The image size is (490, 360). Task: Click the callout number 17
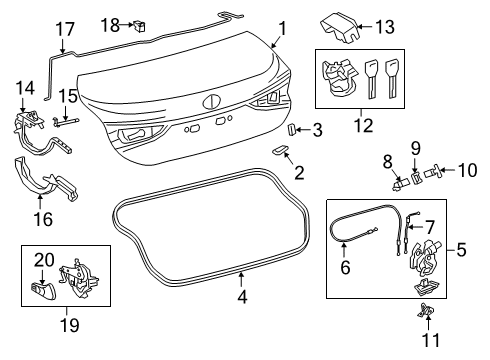(65, 29)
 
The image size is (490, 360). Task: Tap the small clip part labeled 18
(139, 26)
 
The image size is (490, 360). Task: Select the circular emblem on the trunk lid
(211, 102)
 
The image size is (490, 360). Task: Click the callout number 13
(385, 27)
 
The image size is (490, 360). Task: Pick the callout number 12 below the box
(364, 126)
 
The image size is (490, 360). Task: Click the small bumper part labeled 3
(291, 129)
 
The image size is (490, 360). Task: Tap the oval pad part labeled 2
(280, 150)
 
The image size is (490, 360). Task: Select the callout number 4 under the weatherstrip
(242, 296)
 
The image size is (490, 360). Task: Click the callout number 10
(468, 170)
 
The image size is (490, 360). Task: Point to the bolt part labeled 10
(432, 172)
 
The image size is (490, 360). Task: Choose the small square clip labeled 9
(416, 178)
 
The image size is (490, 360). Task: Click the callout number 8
(388, 162)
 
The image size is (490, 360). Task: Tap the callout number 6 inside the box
(345, 267)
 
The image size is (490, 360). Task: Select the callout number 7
(430, 227)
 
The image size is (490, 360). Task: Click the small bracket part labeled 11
(426, 311)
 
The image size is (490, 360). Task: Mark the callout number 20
(44, 260)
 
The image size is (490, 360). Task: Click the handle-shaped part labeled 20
(43, 290)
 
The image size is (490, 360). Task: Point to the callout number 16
(43, 219)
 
